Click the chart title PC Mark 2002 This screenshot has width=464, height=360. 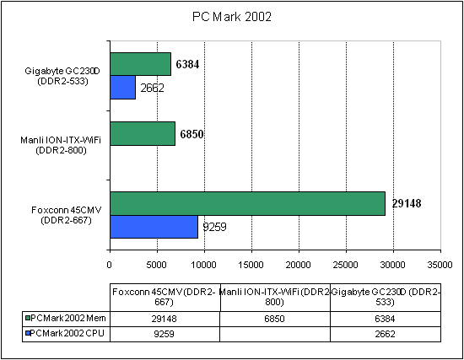click(232, 16)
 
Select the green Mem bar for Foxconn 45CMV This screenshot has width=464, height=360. click(247, 203)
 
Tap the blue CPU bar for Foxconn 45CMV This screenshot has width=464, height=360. click(154, 226)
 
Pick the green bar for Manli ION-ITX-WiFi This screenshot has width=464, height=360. click(143, 133)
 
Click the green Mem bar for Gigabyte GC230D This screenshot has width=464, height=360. click(140, 64)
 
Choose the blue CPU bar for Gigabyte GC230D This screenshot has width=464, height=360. click(122, 87)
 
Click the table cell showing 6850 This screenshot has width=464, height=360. click(274, 317)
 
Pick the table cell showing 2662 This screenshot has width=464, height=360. click(385, 332)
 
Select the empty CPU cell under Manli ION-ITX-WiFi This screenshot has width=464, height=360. click(274, 332)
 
